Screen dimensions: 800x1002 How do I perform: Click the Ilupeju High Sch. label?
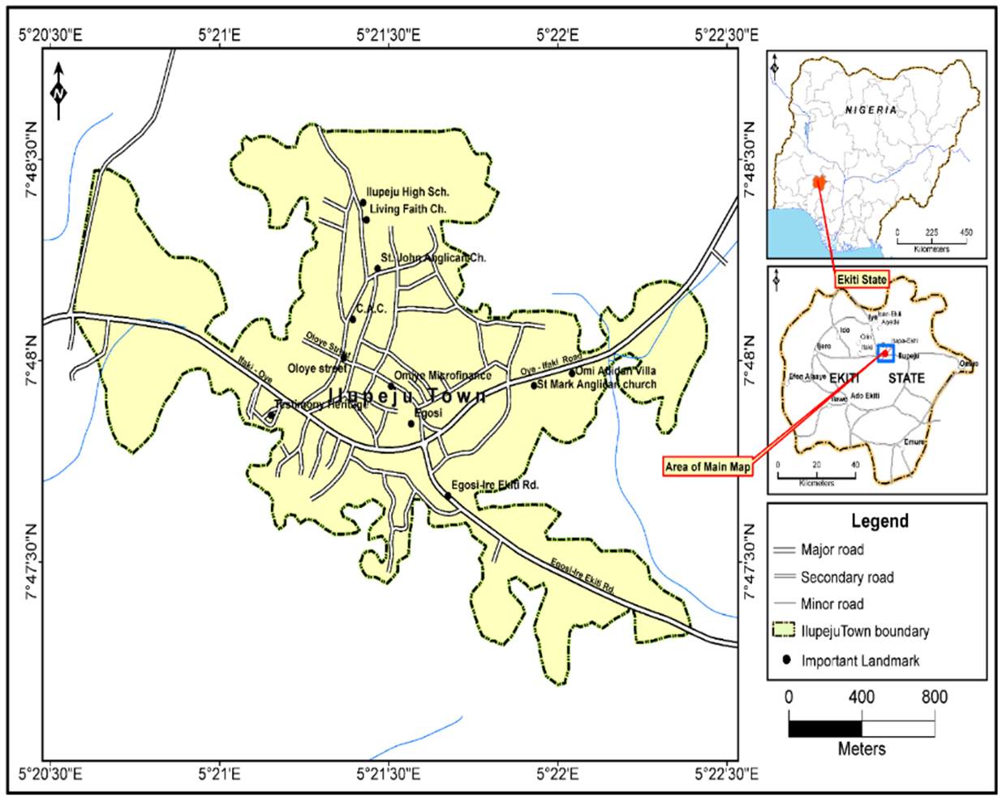[407, 192]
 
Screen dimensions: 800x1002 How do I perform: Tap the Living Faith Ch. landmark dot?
[366, 220]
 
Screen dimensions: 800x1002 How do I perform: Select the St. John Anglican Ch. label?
[433, 258]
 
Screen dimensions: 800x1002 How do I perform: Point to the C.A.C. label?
[371, 309]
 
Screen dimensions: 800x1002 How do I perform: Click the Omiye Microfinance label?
[442, 376]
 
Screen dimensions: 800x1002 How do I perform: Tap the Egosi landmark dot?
[411, 424]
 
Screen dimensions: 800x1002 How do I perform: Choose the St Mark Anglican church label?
[596, 385]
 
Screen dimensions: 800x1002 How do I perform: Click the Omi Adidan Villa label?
[616, 371]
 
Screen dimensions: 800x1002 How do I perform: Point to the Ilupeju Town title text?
[408, 396]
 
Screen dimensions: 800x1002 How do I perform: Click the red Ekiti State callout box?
[862, 279]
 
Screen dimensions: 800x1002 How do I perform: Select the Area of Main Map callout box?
[707, 467]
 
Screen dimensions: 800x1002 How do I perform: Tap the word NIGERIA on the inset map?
[871, 110]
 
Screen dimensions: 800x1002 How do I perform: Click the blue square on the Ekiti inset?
[884, 353]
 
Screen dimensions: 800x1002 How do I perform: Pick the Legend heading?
[879, 521]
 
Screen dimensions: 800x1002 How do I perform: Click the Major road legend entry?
[832, 550]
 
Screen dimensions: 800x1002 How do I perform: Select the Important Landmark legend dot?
[786, 660]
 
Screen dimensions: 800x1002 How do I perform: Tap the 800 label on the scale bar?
[934, 697]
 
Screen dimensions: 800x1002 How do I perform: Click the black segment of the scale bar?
[825, 728]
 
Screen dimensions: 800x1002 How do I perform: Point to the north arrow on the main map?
[58, 91]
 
